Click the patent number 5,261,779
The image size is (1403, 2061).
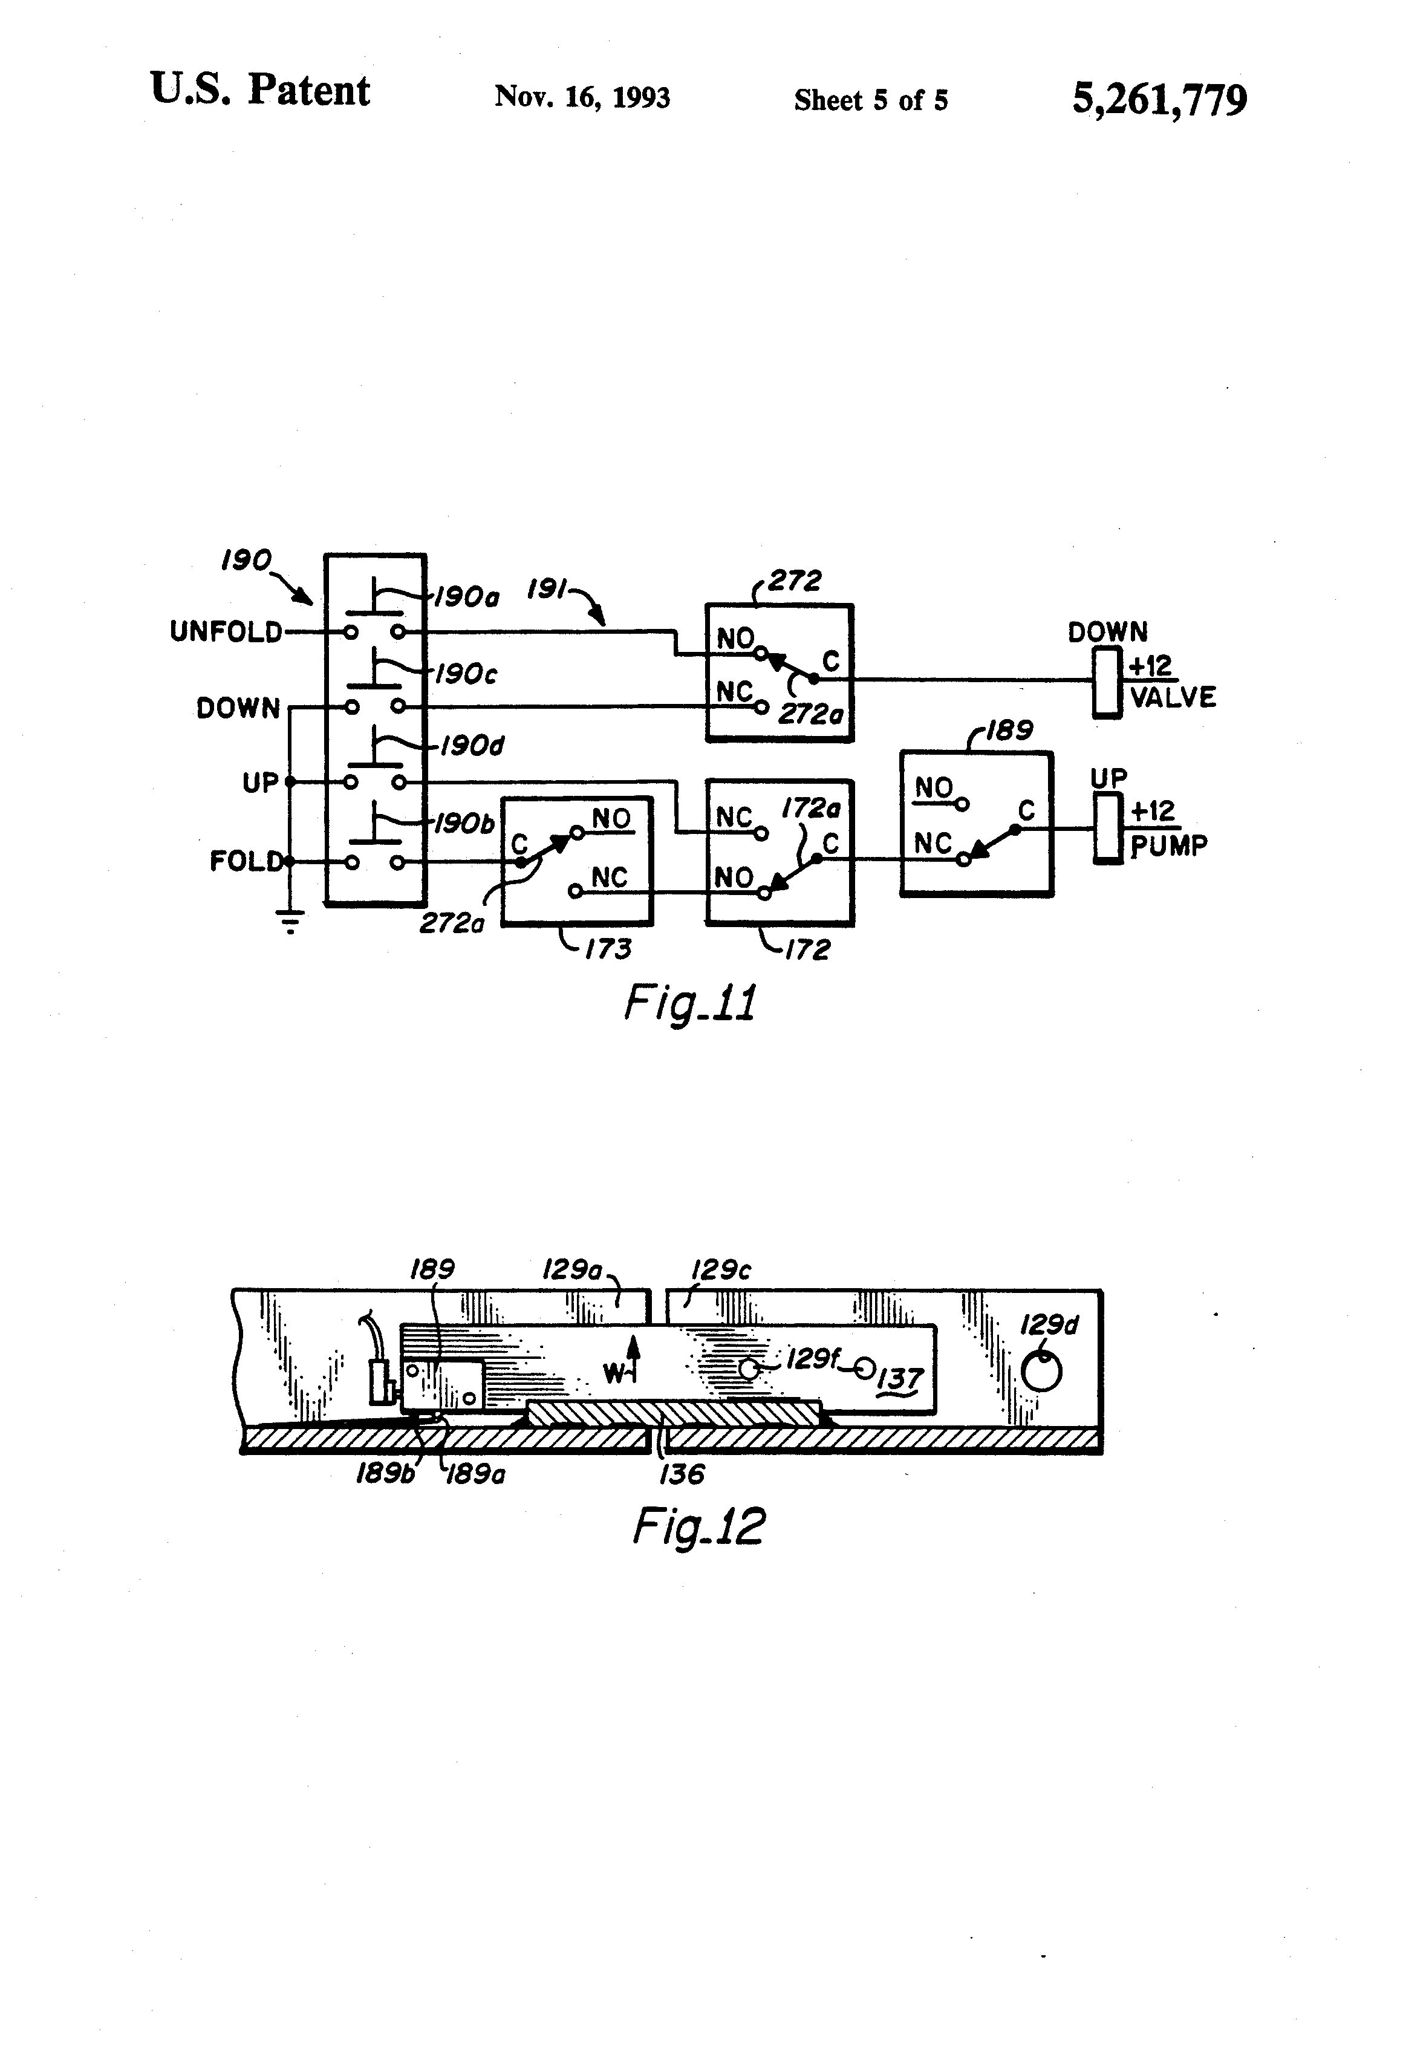[1159, 99]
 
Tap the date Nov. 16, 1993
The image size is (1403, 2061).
[582, 97]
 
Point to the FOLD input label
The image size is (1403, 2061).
[246, 861]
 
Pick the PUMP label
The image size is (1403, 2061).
[1168, 846]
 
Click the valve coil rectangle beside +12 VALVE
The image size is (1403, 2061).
[1107, 682]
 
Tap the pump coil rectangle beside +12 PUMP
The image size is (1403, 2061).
[1107, 829]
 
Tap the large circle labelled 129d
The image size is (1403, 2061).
[1041, 1374]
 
